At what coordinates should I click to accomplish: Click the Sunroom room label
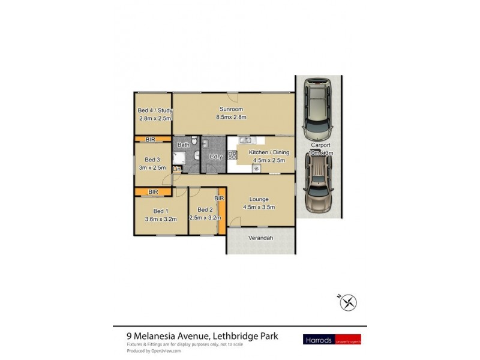click(x=231, y=109)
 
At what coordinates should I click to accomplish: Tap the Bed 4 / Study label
click(x=155, y=110)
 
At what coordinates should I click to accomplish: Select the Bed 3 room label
click(x=152, y=160)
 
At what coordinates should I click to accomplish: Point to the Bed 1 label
click(x=160, y=211)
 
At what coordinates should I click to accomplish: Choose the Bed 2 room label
click(x=205, y=209)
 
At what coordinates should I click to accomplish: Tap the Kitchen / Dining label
click(x=264, y=152)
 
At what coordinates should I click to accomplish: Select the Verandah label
click(x=260, y=238)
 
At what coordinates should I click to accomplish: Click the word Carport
click(x=322, y=145)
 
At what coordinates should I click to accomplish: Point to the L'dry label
click(x=216, y=157)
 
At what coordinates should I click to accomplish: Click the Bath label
click(x=183, y=145)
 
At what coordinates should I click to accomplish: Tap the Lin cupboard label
click(x=176, y=170)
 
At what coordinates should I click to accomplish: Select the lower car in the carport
click(x=317, y=186)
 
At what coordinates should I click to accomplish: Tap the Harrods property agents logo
click(x=339, y=339)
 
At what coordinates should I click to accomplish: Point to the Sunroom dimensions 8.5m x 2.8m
click(x=231, y=118)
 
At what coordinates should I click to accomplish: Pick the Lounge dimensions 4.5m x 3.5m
click(x=260, y=208)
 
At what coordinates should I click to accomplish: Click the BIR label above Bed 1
click(x=153, y=192)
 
